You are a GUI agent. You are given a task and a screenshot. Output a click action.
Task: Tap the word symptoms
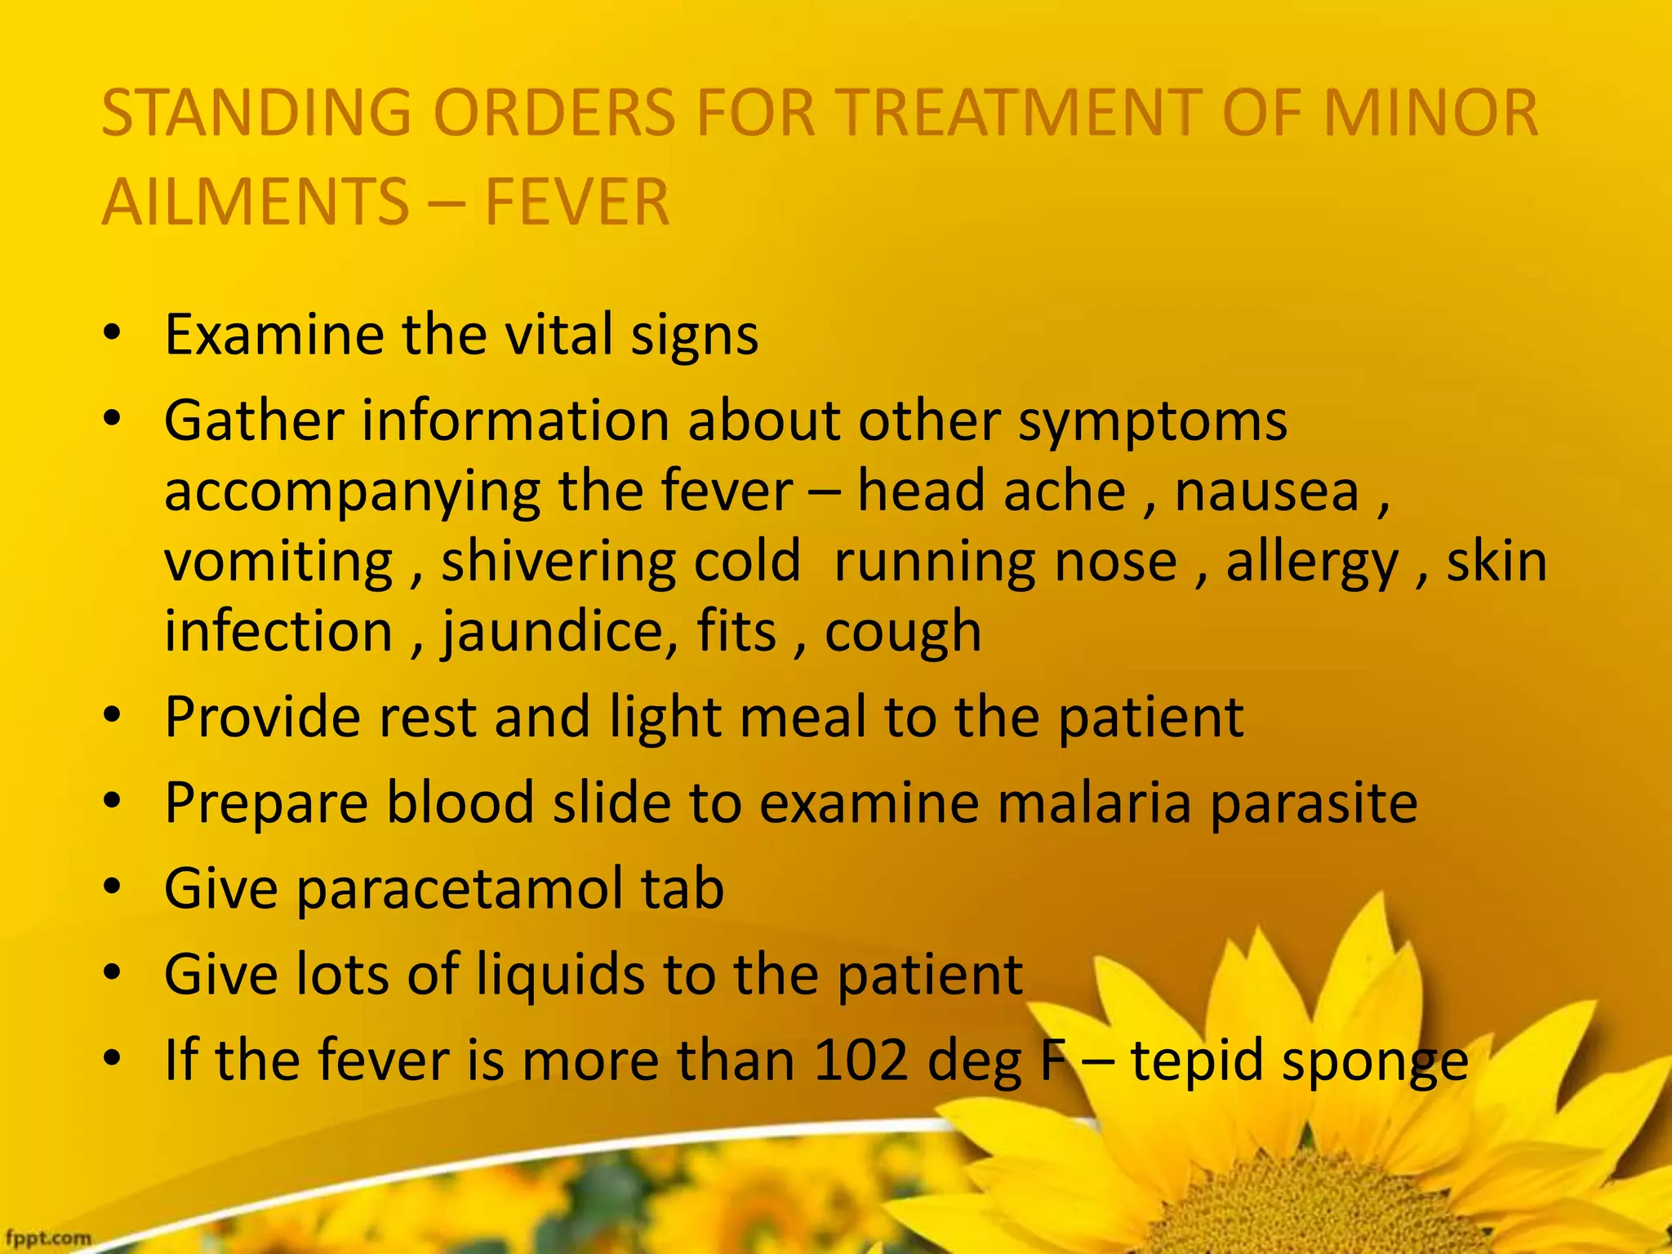[1153, 422]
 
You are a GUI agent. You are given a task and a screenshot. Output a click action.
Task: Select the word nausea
[1266, 491]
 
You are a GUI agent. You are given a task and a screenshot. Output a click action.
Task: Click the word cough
[902, 633]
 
